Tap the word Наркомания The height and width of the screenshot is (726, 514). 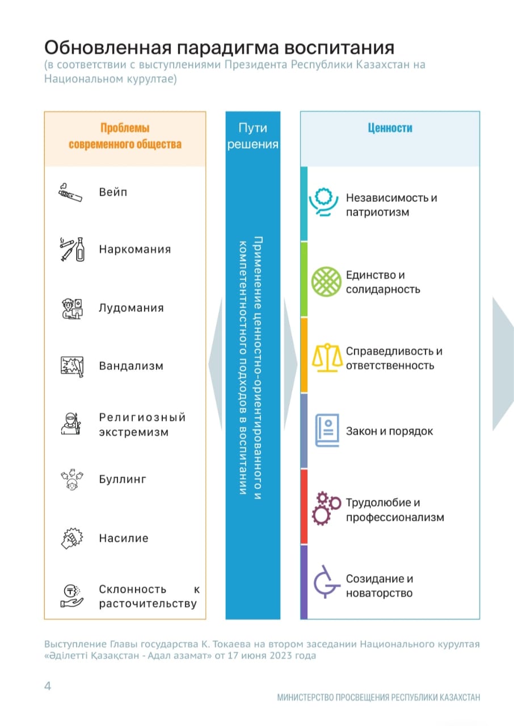click(x=134, y=250)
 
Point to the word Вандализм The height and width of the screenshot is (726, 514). click(x=131, y=366)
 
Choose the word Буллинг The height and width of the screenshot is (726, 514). click(x=123, y=480)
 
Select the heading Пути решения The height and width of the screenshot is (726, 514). click(x=253, y=136)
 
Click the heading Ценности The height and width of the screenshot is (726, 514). click(x=390, y=128)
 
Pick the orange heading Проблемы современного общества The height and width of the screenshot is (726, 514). click(x=125, y=136)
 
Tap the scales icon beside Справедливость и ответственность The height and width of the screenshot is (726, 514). click(x=326, y=357)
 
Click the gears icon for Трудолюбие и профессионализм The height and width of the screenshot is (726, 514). click(x=326, y=508)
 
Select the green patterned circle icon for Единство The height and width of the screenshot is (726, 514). click(x=326, y=281)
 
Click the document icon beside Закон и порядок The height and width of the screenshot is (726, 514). click(x=326, y=431)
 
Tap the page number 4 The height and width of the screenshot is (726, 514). click(x=48, y=686)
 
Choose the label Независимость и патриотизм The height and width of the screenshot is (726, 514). click(x=391, y=205)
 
